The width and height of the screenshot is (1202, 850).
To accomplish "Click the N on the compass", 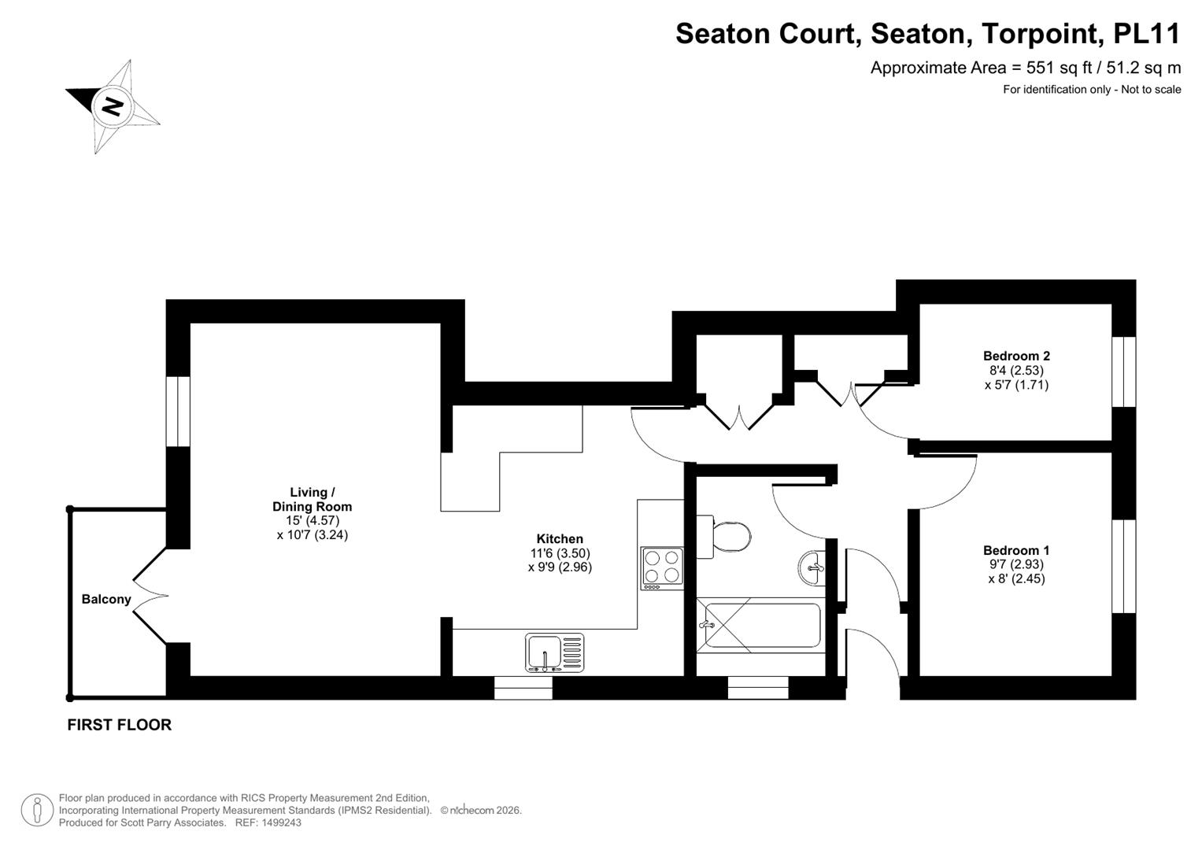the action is click(113, 106).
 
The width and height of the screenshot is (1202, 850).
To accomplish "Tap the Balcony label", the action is click(106, 599).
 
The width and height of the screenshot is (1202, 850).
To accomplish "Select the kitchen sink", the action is click(554, 652).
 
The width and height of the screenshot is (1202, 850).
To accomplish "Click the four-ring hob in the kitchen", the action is click(662, 568).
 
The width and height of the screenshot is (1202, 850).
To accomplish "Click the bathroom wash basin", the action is click(812, 567).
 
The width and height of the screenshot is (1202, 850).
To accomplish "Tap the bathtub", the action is click(760, 625).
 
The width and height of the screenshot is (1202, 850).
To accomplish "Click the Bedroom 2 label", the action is click(1016, 356).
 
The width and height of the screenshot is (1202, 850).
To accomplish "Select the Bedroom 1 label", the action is click(1016, 550).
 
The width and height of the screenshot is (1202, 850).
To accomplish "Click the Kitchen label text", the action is click(560, 539).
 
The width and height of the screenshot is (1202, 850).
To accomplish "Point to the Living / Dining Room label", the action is click(313, 500).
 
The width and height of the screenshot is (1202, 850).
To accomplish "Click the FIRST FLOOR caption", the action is click(119, 725).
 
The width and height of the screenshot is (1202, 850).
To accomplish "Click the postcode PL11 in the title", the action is click(1147, 33).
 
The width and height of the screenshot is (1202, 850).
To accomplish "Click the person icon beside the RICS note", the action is click(37, 811).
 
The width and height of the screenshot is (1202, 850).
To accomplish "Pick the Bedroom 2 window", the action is click(1123, 371).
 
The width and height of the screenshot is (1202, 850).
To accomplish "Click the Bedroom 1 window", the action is click(1123, 566).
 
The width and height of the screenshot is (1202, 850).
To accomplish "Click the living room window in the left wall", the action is click(178, 412).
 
